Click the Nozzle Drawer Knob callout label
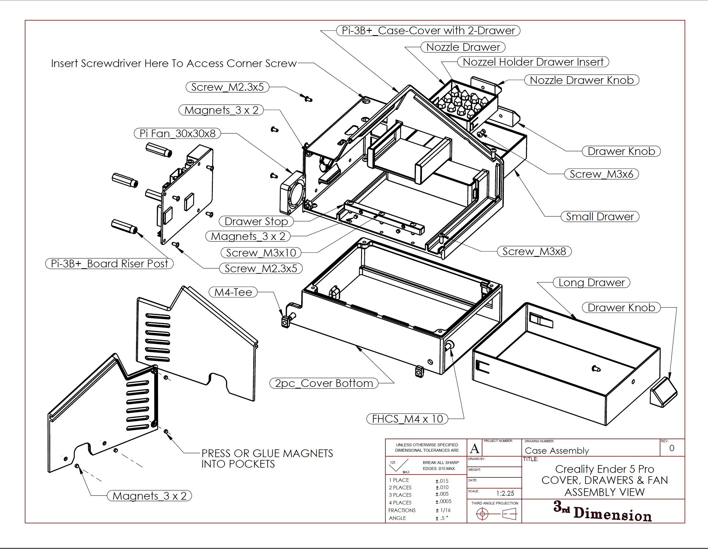(582, 80)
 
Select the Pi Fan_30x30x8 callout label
(177, 133)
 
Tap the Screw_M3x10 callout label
(261, 253)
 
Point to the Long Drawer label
(591, 282)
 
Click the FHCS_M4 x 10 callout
(407, 419)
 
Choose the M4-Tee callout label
(233, 292)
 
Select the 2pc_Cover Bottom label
(324, 383)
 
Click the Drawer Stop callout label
(256, 221)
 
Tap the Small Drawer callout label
(600, 217)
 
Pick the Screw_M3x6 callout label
(601, 174)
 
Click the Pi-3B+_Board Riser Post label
(110, 264)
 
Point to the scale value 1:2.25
(505, 493)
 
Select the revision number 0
(672, 448)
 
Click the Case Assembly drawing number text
(557, 451)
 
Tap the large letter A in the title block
(475, 449)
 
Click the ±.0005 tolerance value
(443, 501)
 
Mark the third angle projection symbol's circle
(482, 514)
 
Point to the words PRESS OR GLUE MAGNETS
(267, 453)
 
